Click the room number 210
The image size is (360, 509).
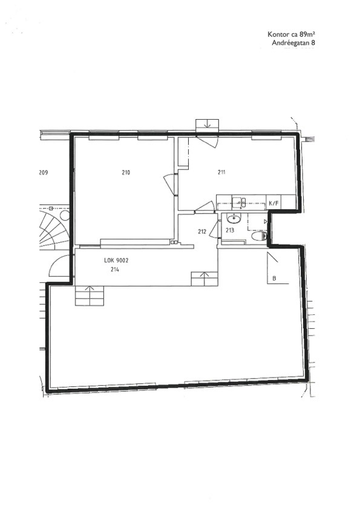click(126, 172)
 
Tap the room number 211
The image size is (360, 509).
click(221, 172)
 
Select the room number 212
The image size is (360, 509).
click(201, 232)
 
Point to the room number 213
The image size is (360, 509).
click(230, 230)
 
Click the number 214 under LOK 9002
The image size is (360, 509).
click(114, 269)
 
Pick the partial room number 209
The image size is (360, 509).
click(43, 172)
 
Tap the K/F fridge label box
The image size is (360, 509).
click(273, 204)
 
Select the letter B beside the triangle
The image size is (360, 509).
click(274, 278)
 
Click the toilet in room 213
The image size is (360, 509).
click(260, 236)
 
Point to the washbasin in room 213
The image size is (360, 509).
click(234, 219)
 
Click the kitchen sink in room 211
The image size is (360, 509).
click(240, 203)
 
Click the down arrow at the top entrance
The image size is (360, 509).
click(208, 125)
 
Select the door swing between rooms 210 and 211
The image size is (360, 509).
click(170, 184)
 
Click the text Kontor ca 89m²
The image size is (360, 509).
click(292, 34)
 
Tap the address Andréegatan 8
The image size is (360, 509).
click(293, 42)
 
